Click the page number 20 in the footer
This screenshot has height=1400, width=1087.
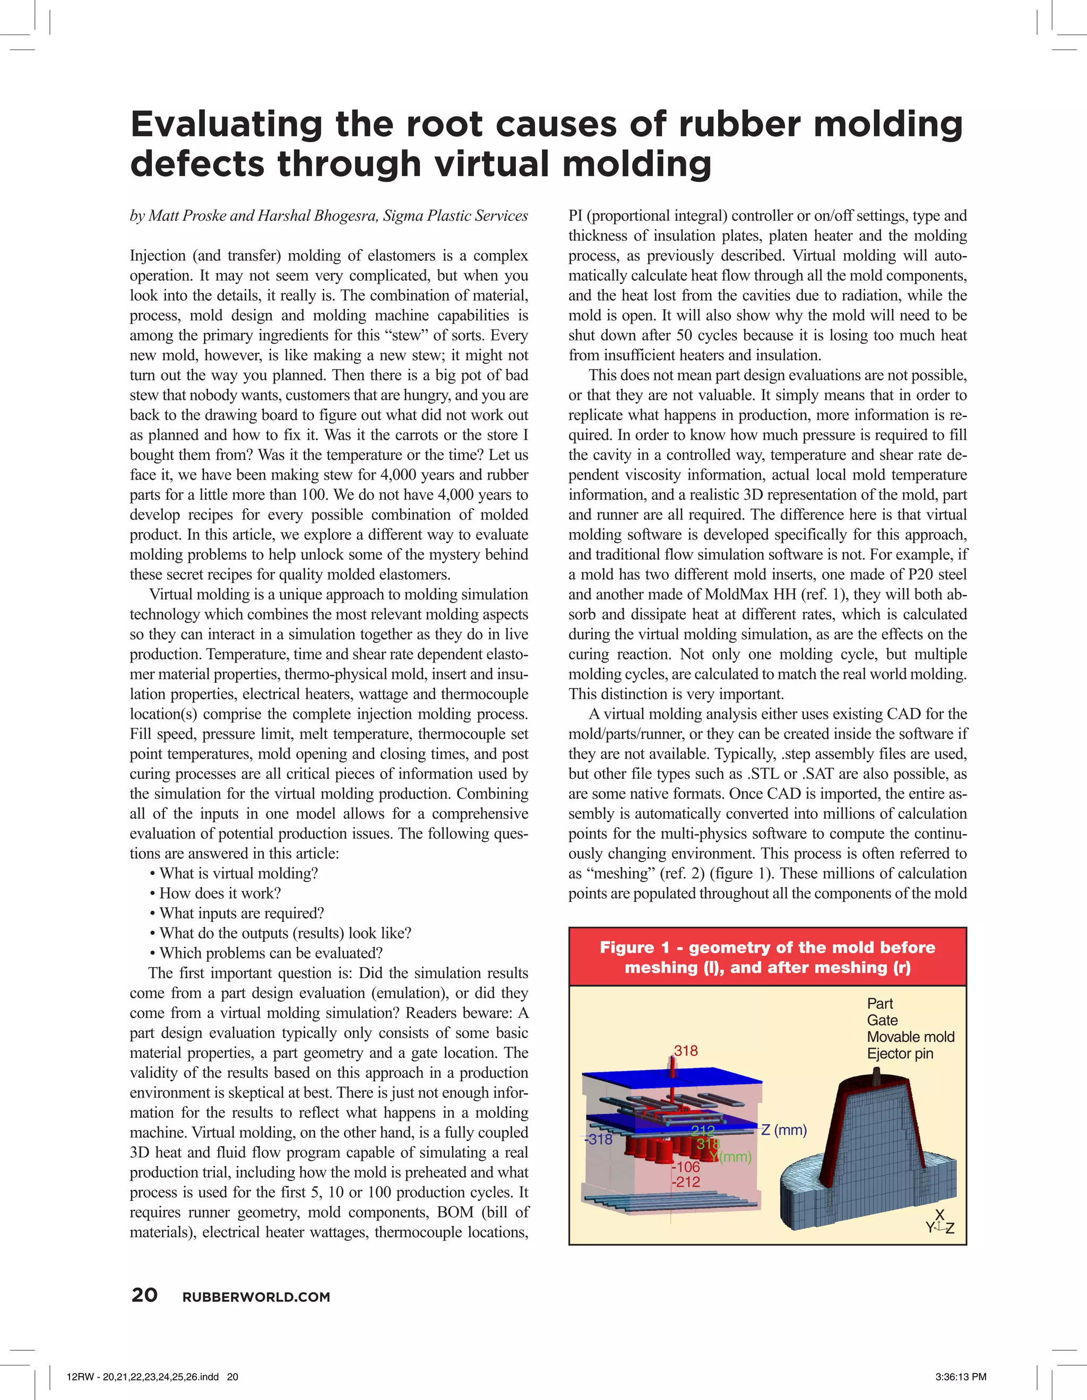(x=144, y=1295)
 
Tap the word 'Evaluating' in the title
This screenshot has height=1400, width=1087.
(x=226, y=124)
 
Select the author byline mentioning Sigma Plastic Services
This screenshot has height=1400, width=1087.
(x=329, y=215)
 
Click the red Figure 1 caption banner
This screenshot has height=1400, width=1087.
(x=767, y=957)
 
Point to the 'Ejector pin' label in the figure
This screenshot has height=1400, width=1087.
(x=900, y=1053)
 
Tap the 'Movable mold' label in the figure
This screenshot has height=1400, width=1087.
(x=910, y=1037)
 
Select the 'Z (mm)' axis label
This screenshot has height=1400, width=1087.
(x=783, y=1129)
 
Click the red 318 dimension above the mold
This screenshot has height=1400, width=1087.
(x=686, y=1050)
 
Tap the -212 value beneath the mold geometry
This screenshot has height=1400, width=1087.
(x=686, y=1181)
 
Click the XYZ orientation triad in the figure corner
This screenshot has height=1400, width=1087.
(x=939, y=1222)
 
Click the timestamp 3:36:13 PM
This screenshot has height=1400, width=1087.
(x=960, y=1376)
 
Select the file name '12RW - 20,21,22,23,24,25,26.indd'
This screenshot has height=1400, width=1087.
(x=143, y=1376)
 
